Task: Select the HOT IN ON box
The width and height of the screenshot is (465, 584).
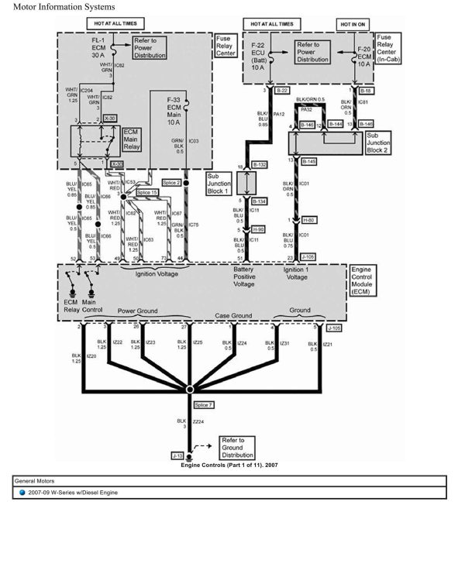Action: click(353, 25)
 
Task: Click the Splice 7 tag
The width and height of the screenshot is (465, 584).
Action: click(203, 405)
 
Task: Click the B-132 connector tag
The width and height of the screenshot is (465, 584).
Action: click(259, 165)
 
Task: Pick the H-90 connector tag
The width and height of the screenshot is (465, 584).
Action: click(258, 229)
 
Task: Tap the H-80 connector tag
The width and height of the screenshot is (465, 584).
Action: click(308, 220)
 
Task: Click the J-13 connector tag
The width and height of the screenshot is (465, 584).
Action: click(177, 456)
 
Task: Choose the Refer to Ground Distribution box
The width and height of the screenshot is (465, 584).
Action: click(238, 447)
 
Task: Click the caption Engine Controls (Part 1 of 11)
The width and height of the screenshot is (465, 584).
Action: click(229, 465)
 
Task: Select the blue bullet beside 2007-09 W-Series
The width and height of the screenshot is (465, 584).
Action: click(22, 493)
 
